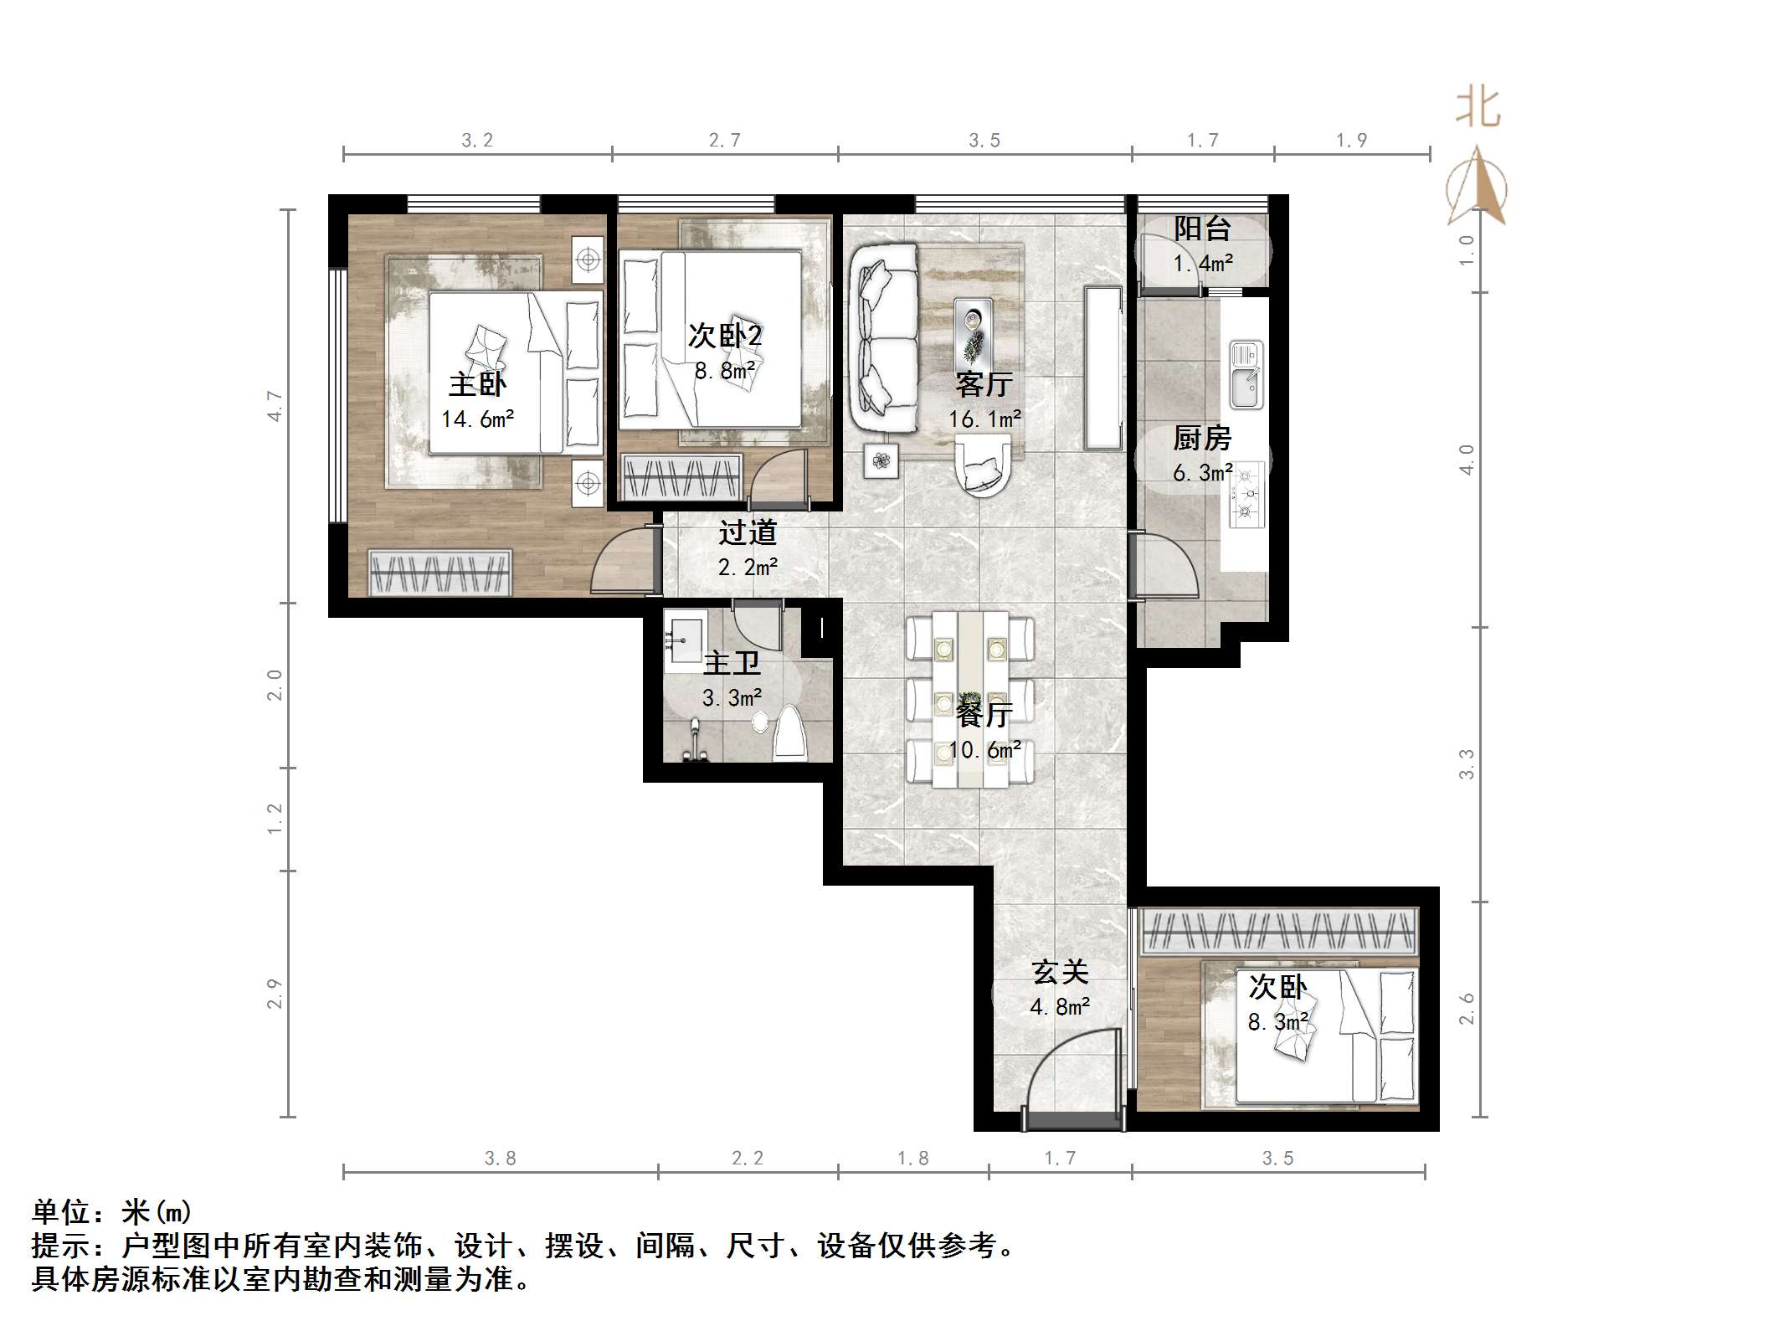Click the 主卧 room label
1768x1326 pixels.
(477, 384)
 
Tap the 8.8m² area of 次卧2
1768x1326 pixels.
(725, 370)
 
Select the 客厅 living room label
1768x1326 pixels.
(984, 384)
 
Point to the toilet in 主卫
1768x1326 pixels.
(790, 732)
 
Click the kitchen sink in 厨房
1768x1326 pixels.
(1246, 376)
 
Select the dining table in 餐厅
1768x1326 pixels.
(971, 698)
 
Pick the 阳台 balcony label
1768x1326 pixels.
(1203, 229)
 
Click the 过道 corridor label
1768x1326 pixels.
(748, 532)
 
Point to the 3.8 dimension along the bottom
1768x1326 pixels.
(500, 1159)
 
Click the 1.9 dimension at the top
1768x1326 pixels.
(1351, 141)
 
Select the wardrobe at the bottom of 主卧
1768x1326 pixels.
(440, 573)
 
